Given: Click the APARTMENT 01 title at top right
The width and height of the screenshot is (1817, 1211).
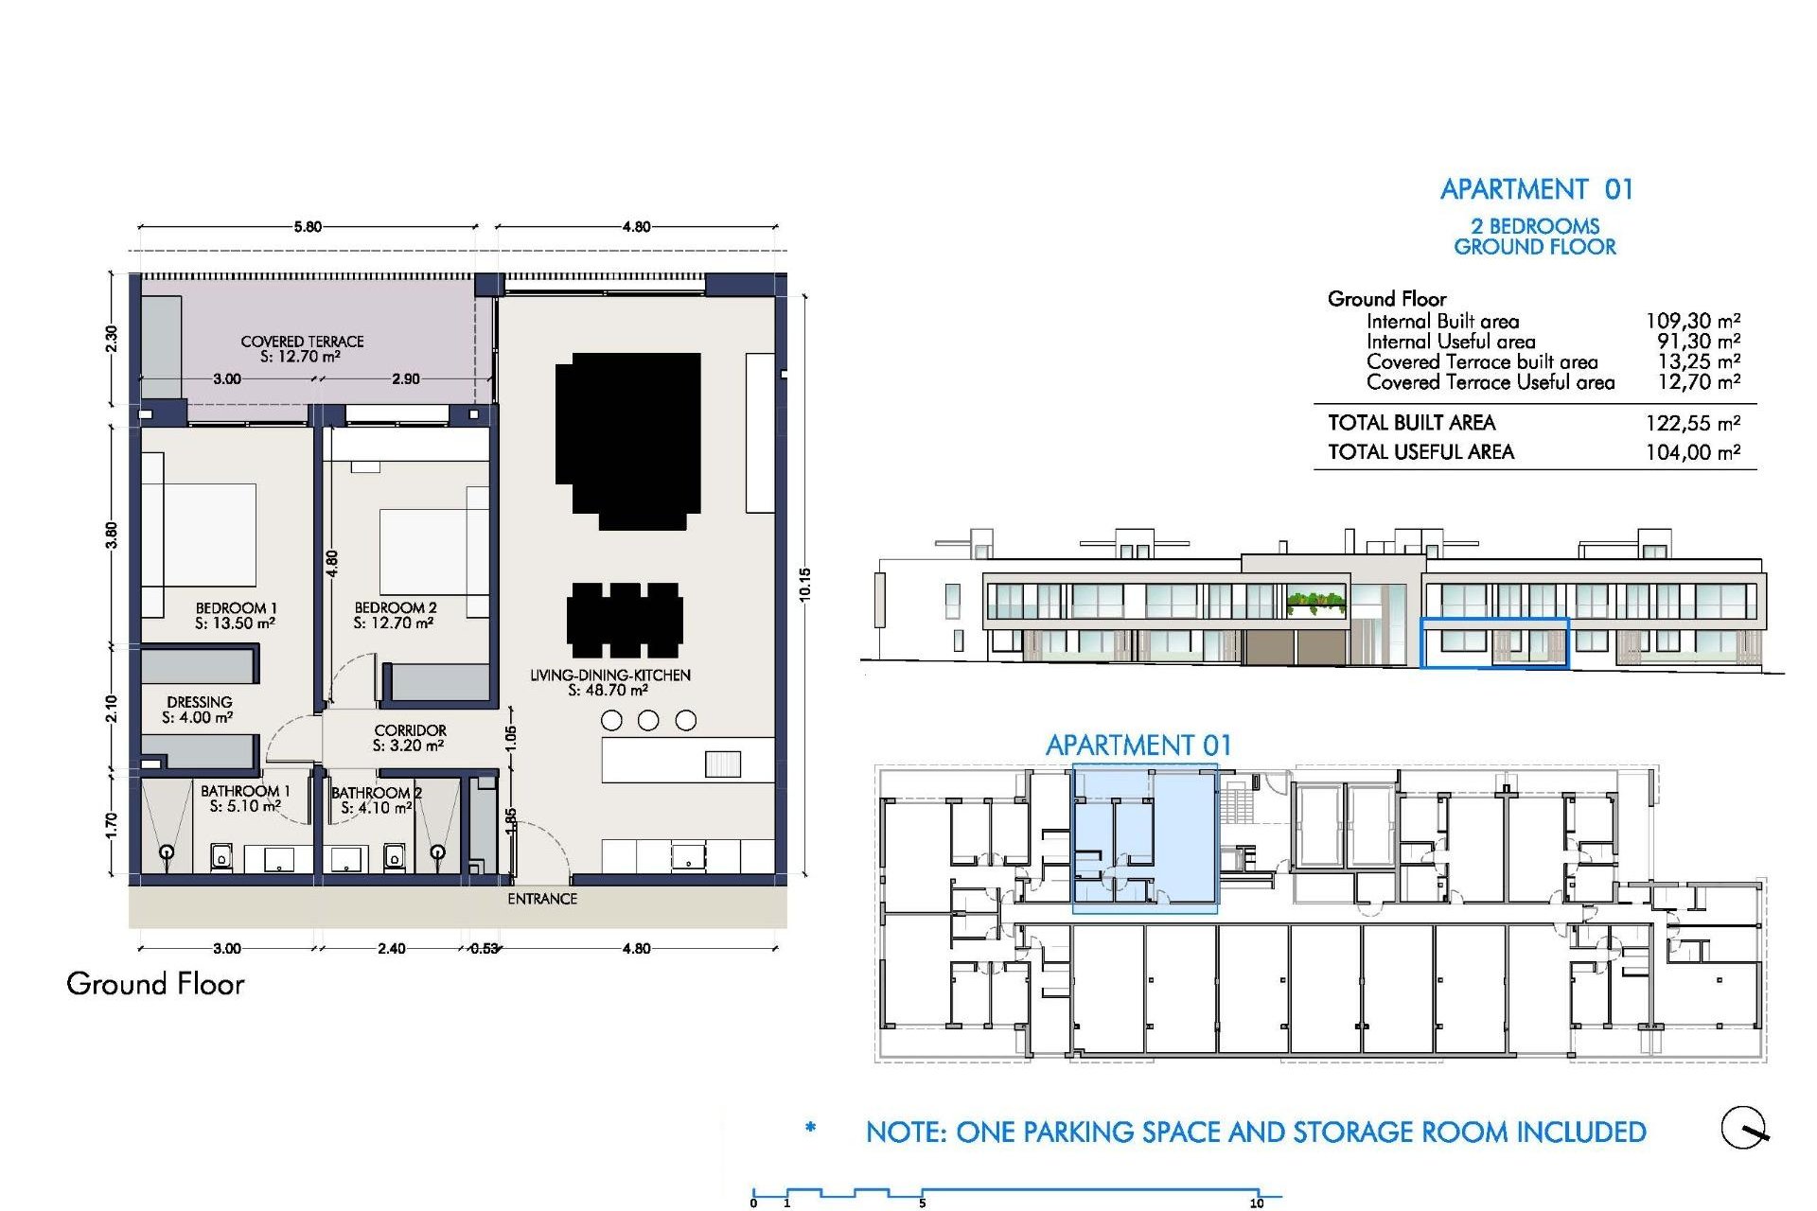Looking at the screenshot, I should click(1536, 189).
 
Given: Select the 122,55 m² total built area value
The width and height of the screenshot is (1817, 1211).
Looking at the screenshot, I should click(1692, 423).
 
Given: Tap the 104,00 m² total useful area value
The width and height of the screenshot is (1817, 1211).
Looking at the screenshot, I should click(1692, 452).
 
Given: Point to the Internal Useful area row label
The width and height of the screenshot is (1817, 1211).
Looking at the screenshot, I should click(1450, 342).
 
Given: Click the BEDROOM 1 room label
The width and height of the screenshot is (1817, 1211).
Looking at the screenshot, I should click(236, 608).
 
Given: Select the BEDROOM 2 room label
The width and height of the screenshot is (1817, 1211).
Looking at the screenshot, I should click(395, 607).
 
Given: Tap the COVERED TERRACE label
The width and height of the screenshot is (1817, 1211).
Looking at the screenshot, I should click(302, 342).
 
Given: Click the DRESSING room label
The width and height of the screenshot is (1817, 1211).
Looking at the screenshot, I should click(199, 702).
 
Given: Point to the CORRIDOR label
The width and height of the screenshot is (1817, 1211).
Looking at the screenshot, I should click(410, 730).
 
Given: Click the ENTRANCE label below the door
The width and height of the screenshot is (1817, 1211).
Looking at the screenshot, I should click(541, 899).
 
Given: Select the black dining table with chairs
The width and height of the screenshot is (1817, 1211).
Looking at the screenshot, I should click(625, 621).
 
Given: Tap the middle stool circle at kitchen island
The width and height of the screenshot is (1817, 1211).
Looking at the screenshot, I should click(648, 721).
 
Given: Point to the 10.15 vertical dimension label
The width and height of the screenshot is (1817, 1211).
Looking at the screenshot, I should click(804, 584).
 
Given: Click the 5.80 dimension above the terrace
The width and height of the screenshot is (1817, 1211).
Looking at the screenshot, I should click(307, 227).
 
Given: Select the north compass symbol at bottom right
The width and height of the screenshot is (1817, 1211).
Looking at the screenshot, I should click(1743, 1128).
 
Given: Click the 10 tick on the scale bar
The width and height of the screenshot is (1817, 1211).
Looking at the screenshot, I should click(1256, 1202).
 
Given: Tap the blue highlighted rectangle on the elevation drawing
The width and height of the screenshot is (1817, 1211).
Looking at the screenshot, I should click(1494, 643).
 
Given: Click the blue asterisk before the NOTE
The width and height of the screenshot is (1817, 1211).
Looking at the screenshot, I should click(810, 1128).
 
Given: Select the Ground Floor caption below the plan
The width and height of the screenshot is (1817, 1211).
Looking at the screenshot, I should click(155, 984).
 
